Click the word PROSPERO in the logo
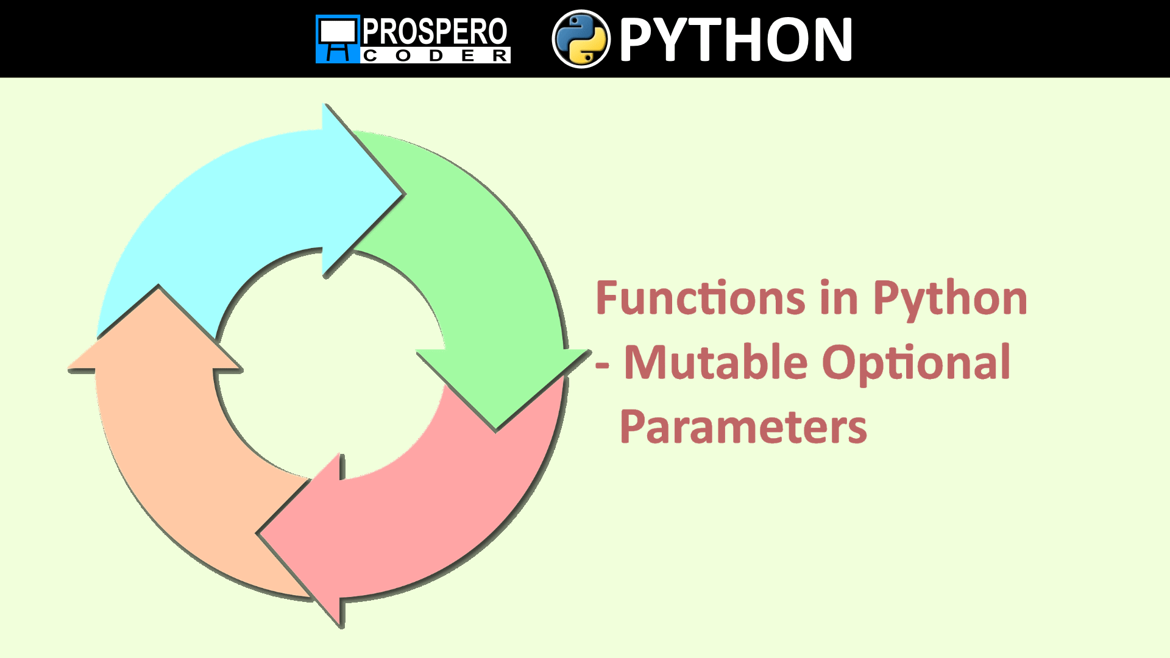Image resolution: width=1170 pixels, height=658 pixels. (434, 32)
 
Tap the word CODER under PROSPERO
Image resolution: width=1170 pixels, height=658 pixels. (436, 56)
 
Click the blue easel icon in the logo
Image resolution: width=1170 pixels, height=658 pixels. (337, 39)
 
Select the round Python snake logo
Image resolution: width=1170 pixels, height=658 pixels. (581, 39)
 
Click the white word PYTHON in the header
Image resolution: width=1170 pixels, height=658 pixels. (736, 40)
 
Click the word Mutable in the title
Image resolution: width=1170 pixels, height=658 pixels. (716, 363)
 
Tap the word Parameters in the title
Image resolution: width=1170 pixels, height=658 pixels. (743, 426)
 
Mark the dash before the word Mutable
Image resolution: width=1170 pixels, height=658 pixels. (602, 366)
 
